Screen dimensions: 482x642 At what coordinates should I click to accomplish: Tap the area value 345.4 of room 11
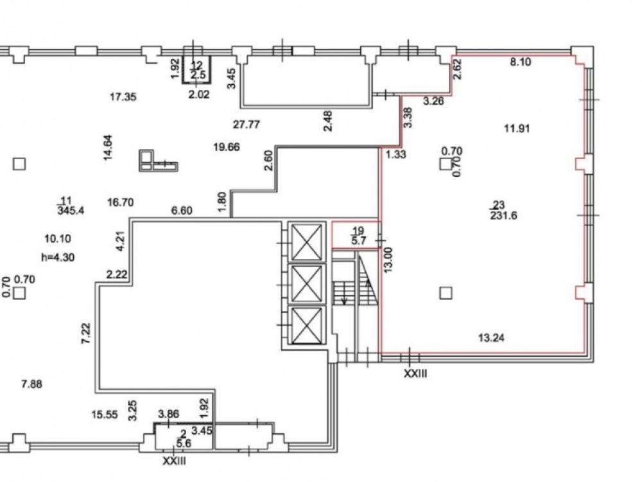click(x=66, y=210)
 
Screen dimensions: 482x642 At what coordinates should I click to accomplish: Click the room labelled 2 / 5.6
click(x=183, y=438)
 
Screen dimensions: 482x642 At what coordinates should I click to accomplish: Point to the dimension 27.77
click(x=246, y=125)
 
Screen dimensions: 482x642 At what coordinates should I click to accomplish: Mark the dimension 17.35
click(x=123, y=98)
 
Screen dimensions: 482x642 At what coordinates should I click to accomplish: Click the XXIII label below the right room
click(x=415, y=373)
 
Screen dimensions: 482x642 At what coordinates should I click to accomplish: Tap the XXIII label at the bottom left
click(x=173, y=461)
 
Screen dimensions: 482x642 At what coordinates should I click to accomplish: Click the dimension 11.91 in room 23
click(x=517, y=128)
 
